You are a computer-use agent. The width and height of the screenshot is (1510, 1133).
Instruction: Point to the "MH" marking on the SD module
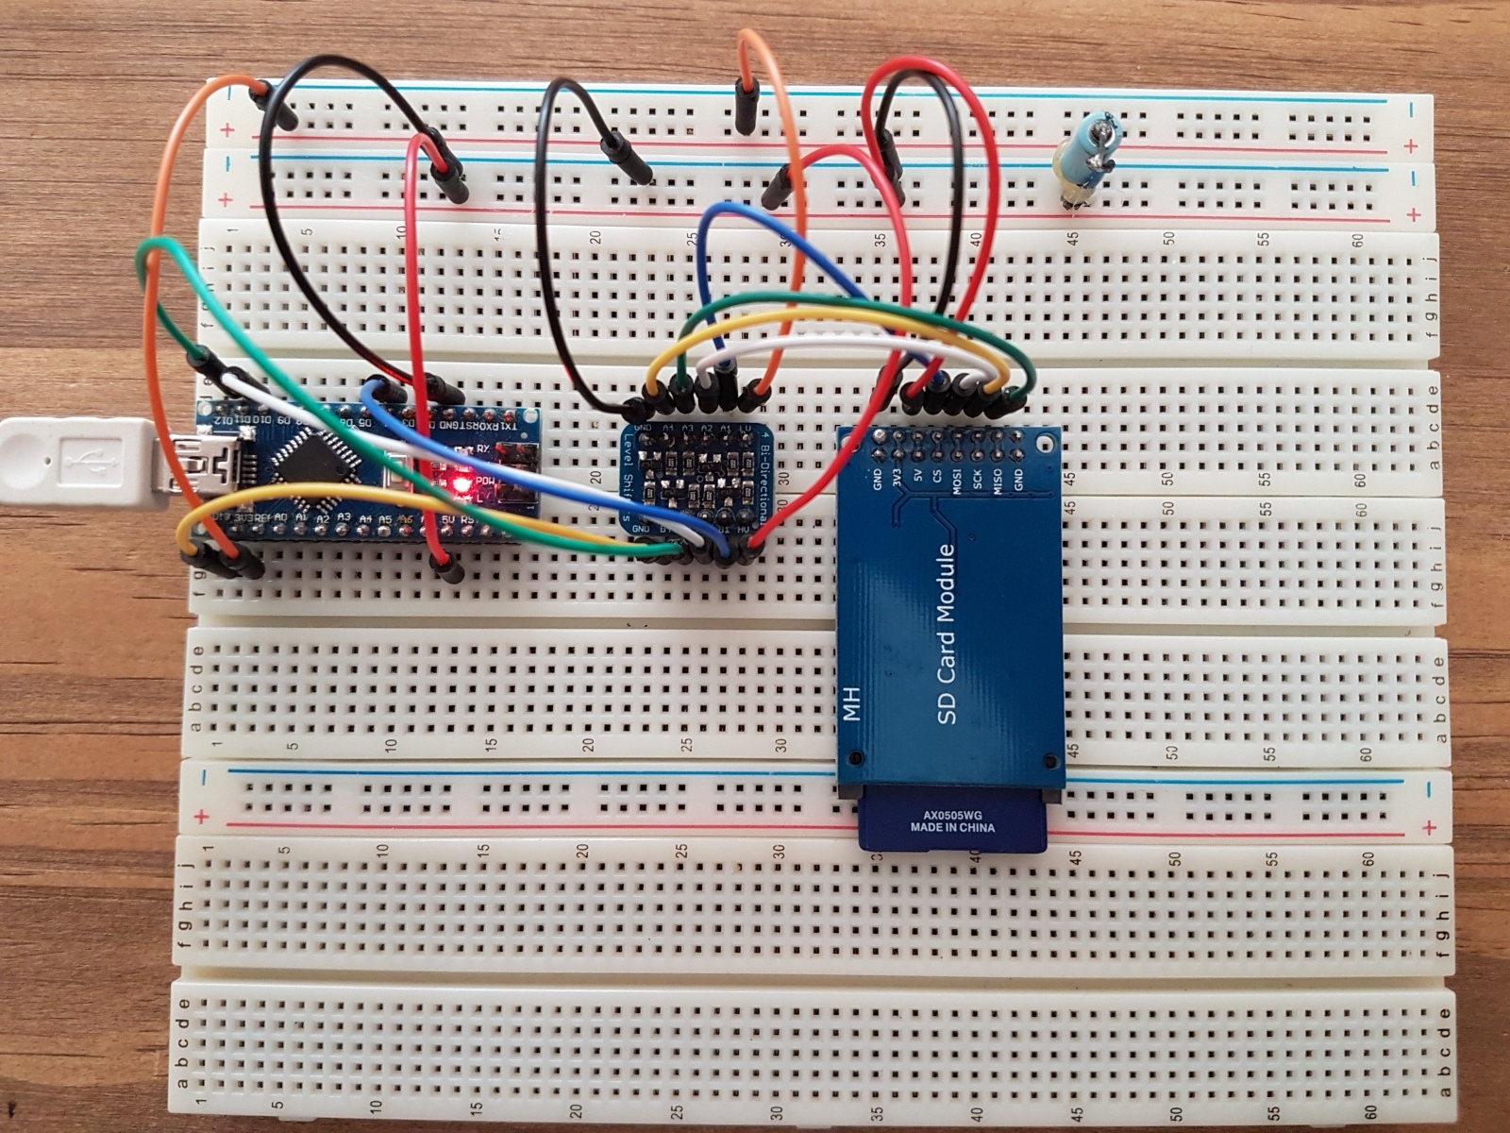(x=852, y=707)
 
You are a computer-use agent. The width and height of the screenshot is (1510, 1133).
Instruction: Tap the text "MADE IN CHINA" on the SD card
(x=952, y=828)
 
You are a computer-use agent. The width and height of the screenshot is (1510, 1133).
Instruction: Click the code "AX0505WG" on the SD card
(x=952, y=815)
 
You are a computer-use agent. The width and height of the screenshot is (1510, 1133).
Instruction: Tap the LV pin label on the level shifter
(x=745, y=429)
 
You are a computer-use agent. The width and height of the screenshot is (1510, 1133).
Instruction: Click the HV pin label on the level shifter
(x=744, y=531)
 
